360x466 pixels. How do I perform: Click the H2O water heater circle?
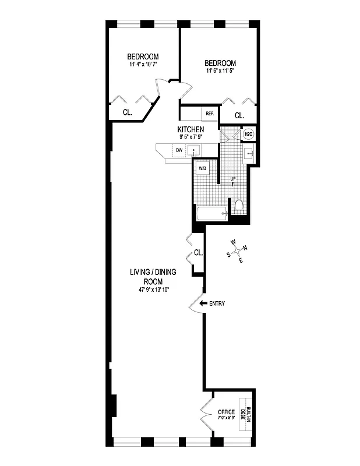pos(248,135)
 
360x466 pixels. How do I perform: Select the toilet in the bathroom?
pos(239,207)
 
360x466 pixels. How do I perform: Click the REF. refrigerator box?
pos(209,114)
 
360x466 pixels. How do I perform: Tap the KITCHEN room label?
pos(190,129)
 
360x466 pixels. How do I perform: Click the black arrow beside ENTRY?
pos(203,303)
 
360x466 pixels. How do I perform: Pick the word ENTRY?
pos(217,303)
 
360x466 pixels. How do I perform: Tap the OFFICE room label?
pos(227,412)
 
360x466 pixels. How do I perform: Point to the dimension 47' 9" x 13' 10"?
pos(153,290)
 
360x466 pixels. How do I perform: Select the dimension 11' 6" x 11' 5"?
pos(220,71)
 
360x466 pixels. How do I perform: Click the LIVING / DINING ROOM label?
pos(153,276)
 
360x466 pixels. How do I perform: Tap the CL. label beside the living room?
pos(198,253)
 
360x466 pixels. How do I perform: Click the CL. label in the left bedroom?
pos(127,112)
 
